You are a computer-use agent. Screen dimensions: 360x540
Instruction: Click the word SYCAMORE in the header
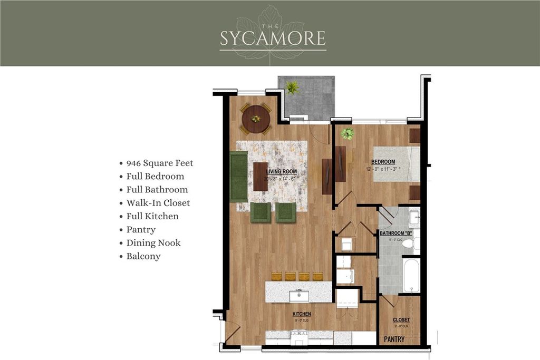273,38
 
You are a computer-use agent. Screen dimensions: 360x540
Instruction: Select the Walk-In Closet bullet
158,203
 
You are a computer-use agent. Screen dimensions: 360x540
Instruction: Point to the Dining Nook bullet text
153,243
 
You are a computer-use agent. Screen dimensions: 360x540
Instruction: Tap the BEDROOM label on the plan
383,162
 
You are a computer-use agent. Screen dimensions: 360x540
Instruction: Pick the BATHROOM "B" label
395,233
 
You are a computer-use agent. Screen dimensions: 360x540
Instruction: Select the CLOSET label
401,320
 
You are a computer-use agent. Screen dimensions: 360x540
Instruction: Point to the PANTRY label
394,339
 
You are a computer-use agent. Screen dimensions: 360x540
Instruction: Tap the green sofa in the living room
239,177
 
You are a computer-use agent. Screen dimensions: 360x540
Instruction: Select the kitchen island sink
298,294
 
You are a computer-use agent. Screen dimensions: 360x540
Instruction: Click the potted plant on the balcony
292,87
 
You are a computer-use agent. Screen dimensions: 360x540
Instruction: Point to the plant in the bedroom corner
347,134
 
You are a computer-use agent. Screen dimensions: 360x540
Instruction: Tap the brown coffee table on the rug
261,177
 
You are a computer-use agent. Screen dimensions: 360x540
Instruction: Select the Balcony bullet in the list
143,256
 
